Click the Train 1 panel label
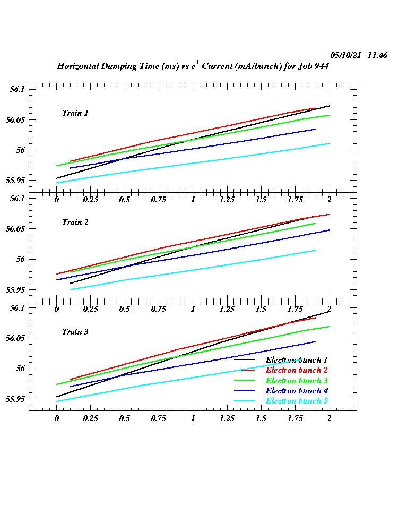pyautogui.click(x=75, y=113)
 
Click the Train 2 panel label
pyautogui.click(x=75, y=222)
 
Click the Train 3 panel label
pyautogui.click(x=75, y=332)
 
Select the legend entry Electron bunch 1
pyautogui.click(x=297, y=360)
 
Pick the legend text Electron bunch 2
pyautogui.click(x=297, y=370)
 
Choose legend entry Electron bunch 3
pyautogui.click(x=297, y=381)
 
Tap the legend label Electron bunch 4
pyautogui.click(x=297, y=391)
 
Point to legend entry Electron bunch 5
pyautogui.click(x=297, y=401)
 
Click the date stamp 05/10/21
pyautogui.click(x=346, y=55)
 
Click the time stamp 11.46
pyautogui.click(x=377, y=55)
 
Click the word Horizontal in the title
pyautogui.click(x=79, y=66)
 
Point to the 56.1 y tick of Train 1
pyautogui.click(x=18, y=89)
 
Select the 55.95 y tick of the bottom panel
pyautogui.click(x=15, y=399)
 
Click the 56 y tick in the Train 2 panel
pyautogui.click(x=21, y=260)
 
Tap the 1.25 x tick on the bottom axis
pyautogui.click(x=227, y=418)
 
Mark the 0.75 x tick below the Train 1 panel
pyautogui.click(x=159, y=200)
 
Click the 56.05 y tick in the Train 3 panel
pyautogui.click(x=15, y=338)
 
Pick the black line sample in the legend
pyautogui.click(x=245, y=360)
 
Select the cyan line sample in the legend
pyautogui.click(x=245, y=401)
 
